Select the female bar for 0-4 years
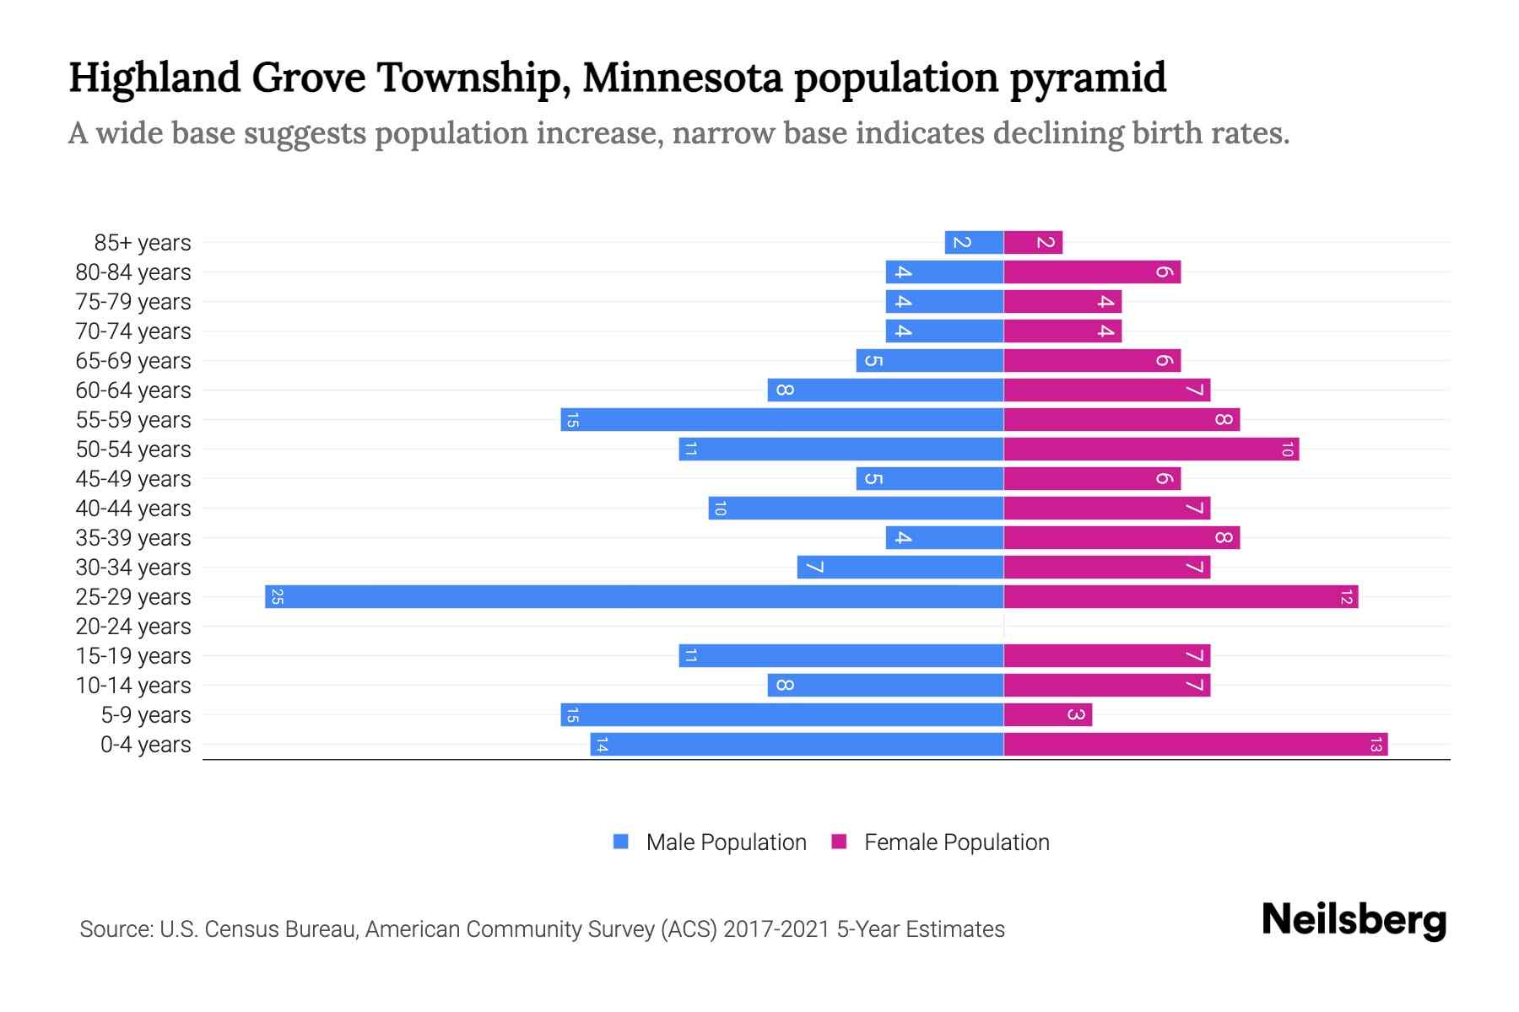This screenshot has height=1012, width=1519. (1195, 745)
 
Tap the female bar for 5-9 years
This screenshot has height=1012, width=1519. (1047, 715)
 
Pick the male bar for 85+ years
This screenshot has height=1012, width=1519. (974, 243)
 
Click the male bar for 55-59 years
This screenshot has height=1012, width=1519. (781, 420)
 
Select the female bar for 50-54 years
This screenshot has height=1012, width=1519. (1151, 449)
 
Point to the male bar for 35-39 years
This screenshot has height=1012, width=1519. (944, 538)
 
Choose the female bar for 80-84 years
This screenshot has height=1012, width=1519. (1092, 272)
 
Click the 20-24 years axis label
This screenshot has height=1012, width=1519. (133, 627)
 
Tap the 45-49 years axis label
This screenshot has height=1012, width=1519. (133, 479)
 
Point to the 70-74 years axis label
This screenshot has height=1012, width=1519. (133, 331)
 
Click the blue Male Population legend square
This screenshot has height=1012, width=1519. (621, 842)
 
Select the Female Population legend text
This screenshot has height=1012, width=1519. (956, 842)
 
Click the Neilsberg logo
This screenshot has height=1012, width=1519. (1354, 920)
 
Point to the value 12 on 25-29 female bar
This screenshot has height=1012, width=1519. (1346, 597)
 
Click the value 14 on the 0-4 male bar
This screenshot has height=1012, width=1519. (602, 745)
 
